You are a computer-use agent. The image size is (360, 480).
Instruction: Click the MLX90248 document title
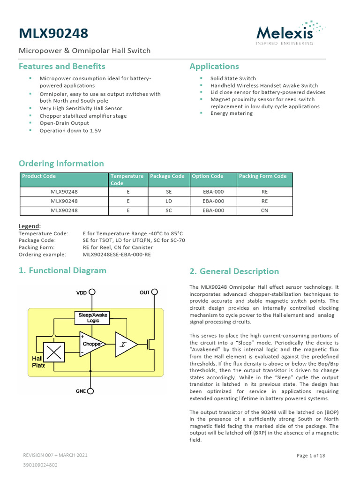[x=52, y=34]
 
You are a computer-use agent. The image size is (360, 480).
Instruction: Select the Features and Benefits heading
[x=62, y=66]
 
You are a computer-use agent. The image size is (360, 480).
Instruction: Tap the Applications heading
[x=214, y=66]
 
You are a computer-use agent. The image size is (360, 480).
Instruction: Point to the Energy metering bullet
[x=232, y=113]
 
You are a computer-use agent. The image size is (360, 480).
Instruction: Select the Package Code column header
[x=167, y=176]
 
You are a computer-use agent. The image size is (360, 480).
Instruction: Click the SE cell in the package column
[x=169, y=192]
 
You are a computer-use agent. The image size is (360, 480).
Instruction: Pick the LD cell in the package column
[x=169, y=201]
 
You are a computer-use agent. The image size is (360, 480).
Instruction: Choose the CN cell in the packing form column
[x=264, y=210]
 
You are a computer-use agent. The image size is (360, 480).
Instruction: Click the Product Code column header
[x=39, y=176]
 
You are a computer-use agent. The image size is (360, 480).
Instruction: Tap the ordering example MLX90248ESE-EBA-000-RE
[x=117, y=255]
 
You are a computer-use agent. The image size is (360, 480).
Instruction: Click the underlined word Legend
[x=29, y=226]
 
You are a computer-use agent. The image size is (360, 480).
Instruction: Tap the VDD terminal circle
[x=93, y=292]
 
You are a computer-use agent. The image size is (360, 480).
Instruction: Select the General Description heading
[x=234, y=271]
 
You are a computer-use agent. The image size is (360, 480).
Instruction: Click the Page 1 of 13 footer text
[x=311, y=456]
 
